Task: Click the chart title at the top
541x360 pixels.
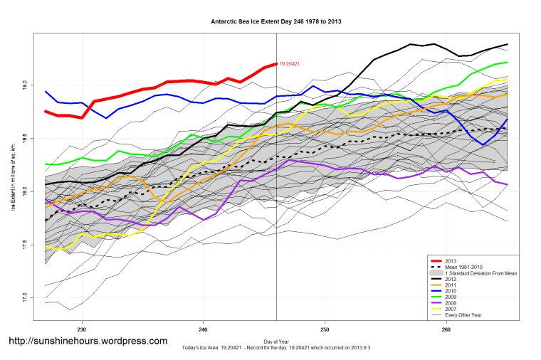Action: [x=276, y=22]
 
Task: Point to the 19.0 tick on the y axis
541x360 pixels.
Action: [x=25, y=85]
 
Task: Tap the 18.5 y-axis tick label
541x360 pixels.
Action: [x=25, y=138]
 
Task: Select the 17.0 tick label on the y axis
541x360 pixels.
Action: [x=25, y=297]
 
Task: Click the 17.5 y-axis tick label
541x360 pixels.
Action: [x=25, y=245]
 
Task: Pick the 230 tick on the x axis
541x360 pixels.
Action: [x=82, y=329]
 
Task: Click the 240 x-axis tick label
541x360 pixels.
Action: [x=204, y=329]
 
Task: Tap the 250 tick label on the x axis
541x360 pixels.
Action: [x=325, y=329]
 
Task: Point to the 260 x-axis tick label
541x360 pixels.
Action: [x=446, y=329]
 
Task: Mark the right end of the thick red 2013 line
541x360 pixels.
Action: [x=276, y=64]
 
